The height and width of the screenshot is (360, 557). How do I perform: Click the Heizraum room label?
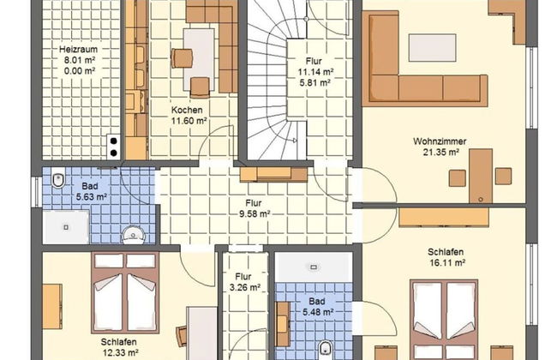pos(78,49)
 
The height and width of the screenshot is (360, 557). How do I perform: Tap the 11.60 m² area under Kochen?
pos(189,121)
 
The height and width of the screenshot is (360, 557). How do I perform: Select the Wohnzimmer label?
pos(440,141)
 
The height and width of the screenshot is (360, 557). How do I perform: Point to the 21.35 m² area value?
pos(441,152)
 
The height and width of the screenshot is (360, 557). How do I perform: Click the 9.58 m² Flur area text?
pos(255,214)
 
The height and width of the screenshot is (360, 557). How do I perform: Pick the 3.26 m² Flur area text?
pos(245,287)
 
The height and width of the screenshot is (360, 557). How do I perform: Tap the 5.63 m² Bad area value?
pos(92,196)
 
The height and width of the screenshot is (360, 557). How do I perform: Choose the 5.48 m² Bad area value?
pos(318,312)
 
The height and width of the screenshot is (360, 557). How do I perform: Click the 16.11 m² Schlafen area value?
pos(447,262)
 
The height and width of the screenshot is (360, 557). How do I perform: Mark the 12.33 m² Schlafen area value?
pos(121,352)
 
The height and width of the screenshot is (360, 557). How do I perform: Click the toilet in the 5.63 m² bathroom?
pos(58,179)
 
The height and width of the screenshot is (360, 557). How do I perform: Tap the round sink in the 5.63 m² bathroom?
pos(133,235)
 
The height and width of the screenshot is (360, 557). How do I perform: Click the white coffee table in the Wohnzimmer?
pos(432,48)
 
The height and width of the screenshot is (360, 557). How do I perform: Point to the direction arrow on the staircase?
pos(295,141)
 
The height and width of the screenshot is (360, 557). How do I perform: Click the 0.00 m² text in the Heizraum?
pos(80,71)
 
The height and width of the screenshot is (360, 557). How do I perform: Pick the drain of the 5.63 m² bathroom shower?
pos(66,227)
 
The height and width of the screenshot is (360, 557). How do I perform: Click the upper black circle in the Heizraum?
pos(114,141)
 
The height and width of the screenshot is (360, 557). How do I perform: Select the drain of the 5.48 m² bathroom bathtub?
pos(314,267)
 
